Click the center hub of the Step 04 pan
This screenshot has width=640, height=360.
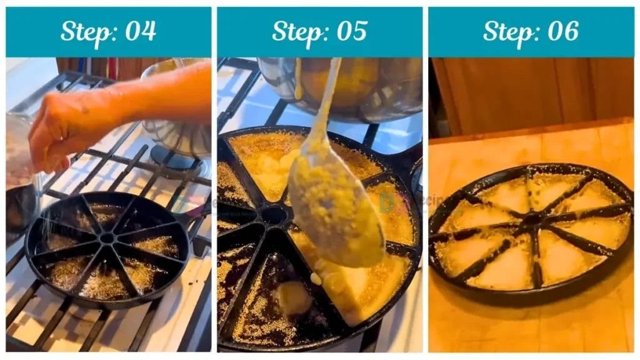[x=107, y=238]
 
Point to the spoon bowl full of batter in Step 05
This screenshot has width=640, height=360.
[x=334, y=212]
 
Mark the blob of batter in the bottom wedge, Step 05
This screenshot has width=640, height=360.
[x=294, y=297]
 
